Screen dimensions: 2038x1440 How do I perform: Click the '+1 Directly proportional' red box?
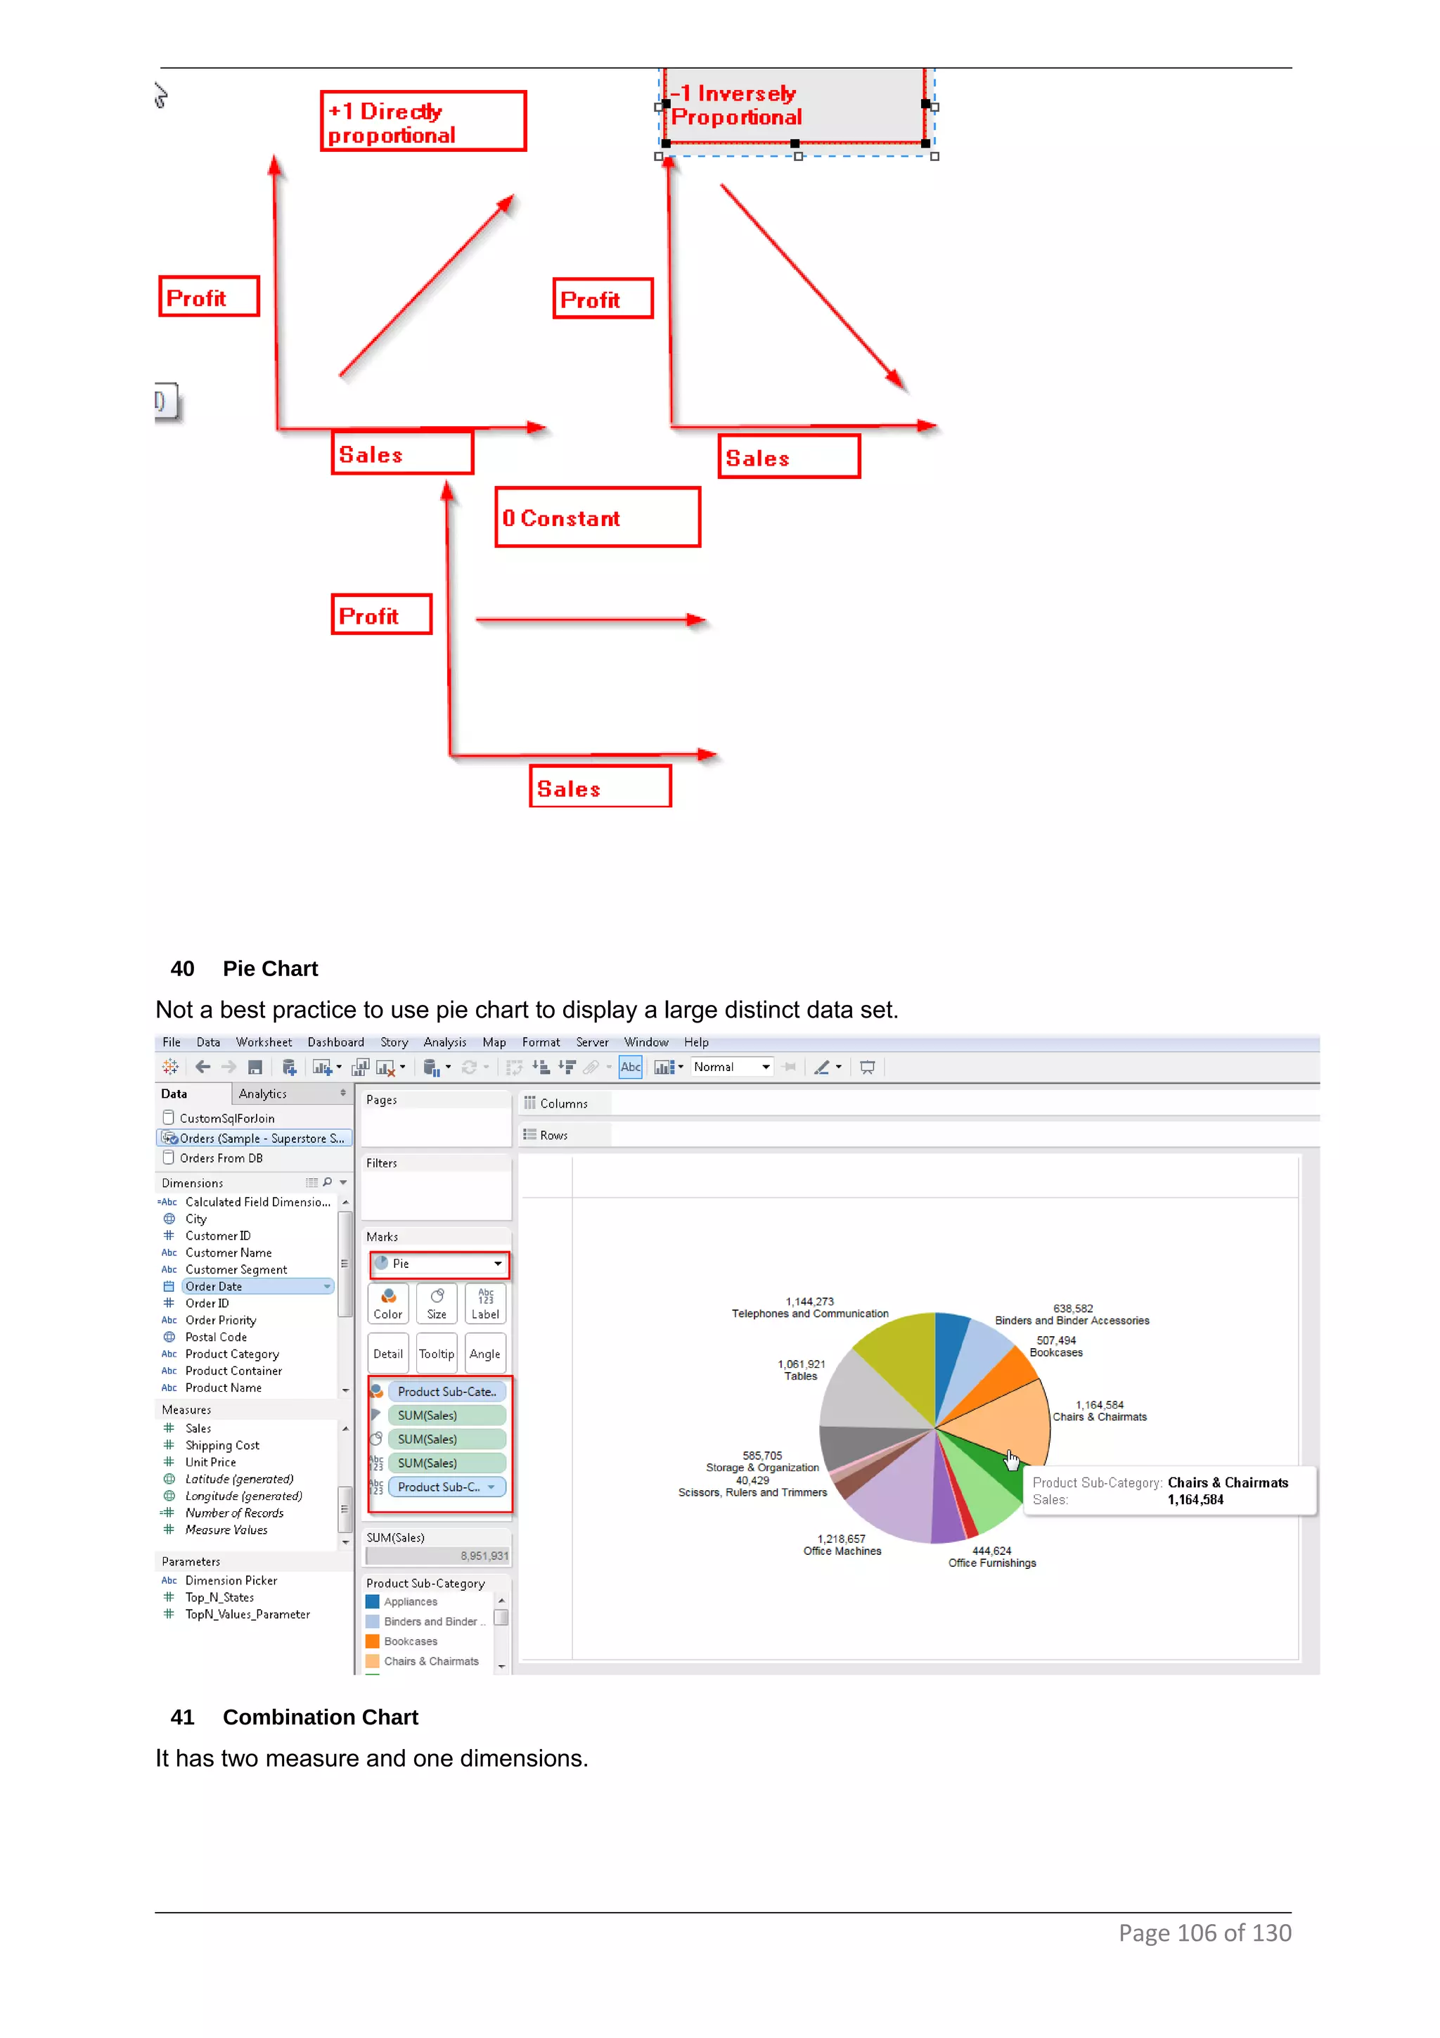pyautogui.click(x=423, y=121)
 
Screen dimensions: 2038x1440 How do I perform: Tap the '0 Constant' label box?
pyautogui.click(x=597, y=518)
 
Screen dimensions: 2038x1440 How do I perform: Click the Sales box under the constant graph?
pyautogui.click(x=600, y=786)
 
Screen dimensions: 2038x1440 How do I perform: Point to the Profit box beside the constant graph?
pyautogui.click(x=380, y=614)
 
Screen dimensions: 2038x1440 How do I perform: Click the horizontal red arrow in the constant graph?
pyautogui.click(x=589, y=620)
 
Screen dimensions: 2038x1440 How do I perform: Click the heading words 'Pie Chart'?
pyautogui.click(x=270, y=968)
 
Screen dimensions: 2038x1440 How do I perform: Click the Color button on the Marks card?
pyautogui.click(x=387, y=1303)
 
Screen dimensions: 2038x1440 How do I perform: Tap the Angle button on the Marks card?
pyautogui.click(x=484, y=1353)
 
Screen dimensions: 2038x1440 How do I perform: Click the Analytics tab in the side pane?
pyautogui.click(x=263, y=1094)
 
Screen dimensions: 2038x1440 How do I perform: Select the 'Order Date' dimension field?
pyautogui.click(x=214, y=1286)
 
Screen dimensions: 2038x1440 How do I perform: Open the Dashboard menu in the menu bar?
pyautogui.click(x=335, y=1042)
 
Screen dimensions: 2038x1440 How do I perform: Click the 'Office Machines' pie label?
pyautogui.click(x=842, y=1551)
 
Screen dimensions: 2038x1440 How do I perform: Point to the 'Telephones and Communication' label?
pyautogui.click(x=809, y=1313)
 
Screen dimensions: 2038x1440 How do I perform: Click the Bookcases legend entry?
pyautogui.click(x=410, y=1641)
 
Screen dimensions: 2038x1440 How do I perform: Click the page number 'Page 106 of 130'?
pyautogui.click(x=1204, y=1933)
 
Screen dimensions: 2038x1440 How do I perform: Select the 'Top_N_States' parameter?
pyautogui.click(x=219, y=1597)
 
